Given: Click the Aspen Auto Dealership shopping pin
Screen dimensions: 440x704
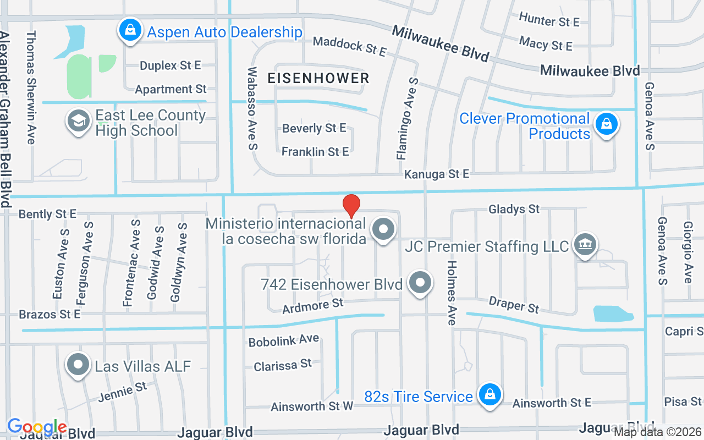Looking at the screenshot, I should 130,30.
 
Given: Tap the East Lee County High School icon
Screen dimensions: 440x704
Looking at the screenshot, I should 78,122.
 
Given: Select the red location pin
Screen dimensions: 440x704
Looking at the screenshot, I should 351,206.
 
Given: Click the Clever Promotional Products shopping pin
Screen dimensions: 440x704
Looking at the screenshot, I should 606,124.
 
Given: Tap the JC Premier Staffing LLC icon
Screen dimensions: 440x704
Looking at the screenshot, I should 584,245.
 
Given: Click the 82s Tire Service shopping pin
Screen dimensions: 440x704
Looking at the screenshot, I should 488,394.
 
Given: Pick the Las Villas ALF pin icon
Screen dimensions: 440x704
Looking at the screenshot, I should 78,365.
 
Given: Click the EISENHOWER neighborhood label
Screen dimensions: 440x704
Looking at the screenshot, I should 318,78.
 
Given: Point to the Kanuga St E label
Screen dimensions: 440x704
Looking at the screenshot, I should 437,174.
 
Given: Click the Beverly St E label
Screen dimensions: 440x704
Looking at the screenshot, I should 314,128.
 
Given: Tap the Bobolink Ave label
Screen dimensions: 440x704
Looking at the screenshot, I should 283,341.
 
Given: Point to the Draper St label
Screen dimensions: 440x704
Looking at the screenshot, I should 514,304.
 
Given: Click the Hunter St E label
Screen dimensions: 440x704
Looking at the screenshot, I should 549,20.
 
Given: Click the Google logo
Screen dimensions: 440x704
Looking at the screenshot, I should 37,427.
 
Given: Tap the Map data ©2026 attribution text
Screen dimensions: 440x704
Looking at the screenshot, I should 657,432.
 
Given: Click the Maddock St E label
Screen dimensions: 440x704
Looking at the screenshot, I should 350,46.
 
